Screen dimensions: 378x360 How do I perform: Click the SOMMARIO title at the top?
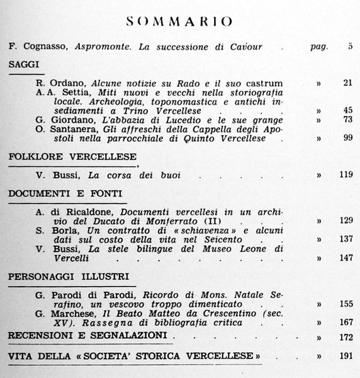coord(180,21)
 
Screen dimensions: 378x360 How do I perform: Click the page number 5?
coord(349,47)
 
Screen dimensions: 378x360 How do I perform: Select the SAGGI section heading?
coord(22,64)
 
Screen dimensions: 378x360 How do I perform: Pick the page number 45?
coord(347,111)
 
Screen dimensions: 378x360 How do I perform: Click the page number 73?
coord(347,120)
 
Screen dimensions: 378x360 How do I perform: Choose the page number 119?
coord(344,175)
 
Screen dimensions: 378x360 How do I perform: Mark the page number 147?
coord(344,258)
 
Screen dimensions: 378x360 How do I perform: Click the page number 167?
coord(344,322)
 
